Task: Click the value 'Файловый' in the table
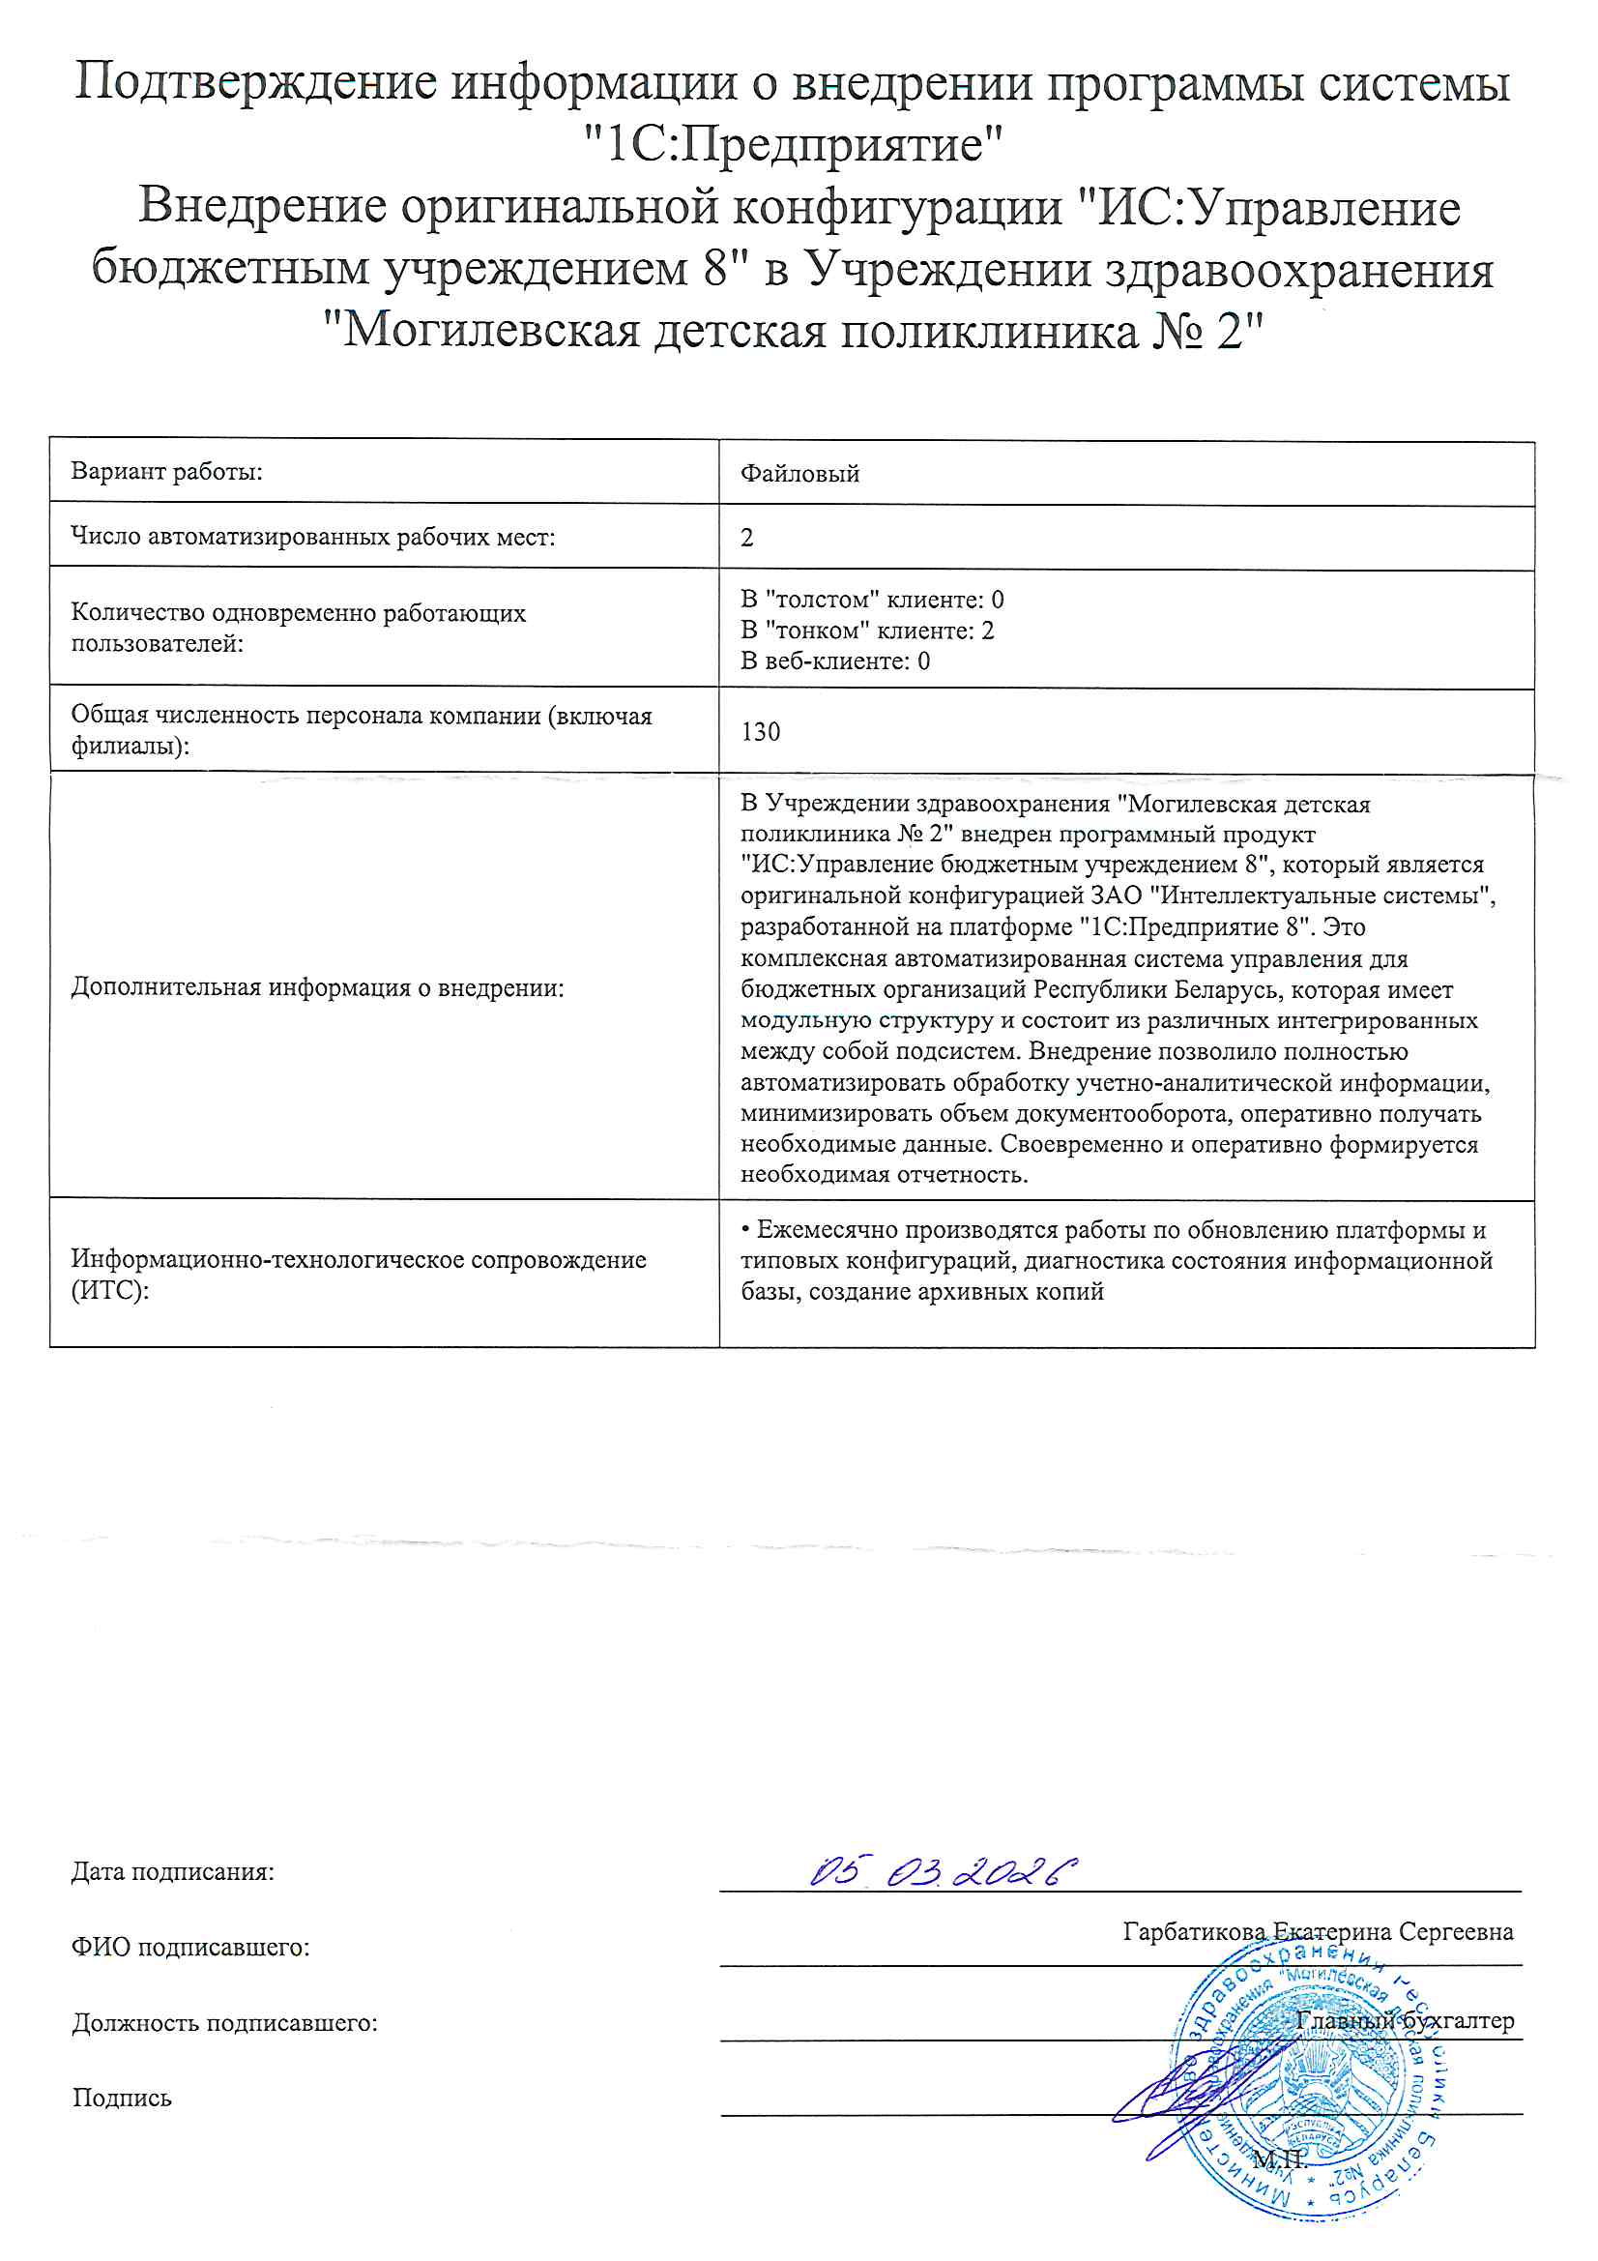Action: pos(799,474)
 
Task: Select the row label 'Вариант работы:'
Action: pos(166,472)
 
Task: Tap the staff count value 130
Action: pos(760,732)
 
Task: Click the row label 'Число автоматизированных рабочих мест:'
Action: pos(312,537)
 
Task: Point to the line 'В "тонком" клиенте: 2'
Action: pos(866,631)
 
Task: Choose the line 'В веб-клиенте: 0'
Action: pos(835,661)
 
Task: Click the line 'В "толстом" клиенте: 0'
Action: pos(871,600)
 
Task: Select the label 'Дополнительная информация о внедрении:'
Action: pos(317,987)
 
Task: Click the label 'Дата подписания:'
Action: pos(172,1872)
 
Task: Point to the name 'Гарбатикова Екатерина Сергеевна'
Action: pos(1318,1931)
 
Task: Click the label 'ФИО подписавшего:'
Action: pos(190,1947)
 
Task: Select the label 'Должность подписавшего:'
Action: pos(224,2023)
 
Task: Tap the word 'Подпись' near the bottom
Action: pos(121,2098)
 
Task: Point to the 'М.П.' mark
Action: pos(1279,2159)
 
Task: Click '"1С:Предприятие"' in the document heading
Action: pos(793,145)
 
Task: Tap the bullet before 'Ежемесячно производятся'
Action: pos(746,1230)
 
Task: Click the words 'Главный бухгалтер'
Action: pos(1404,2020)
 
